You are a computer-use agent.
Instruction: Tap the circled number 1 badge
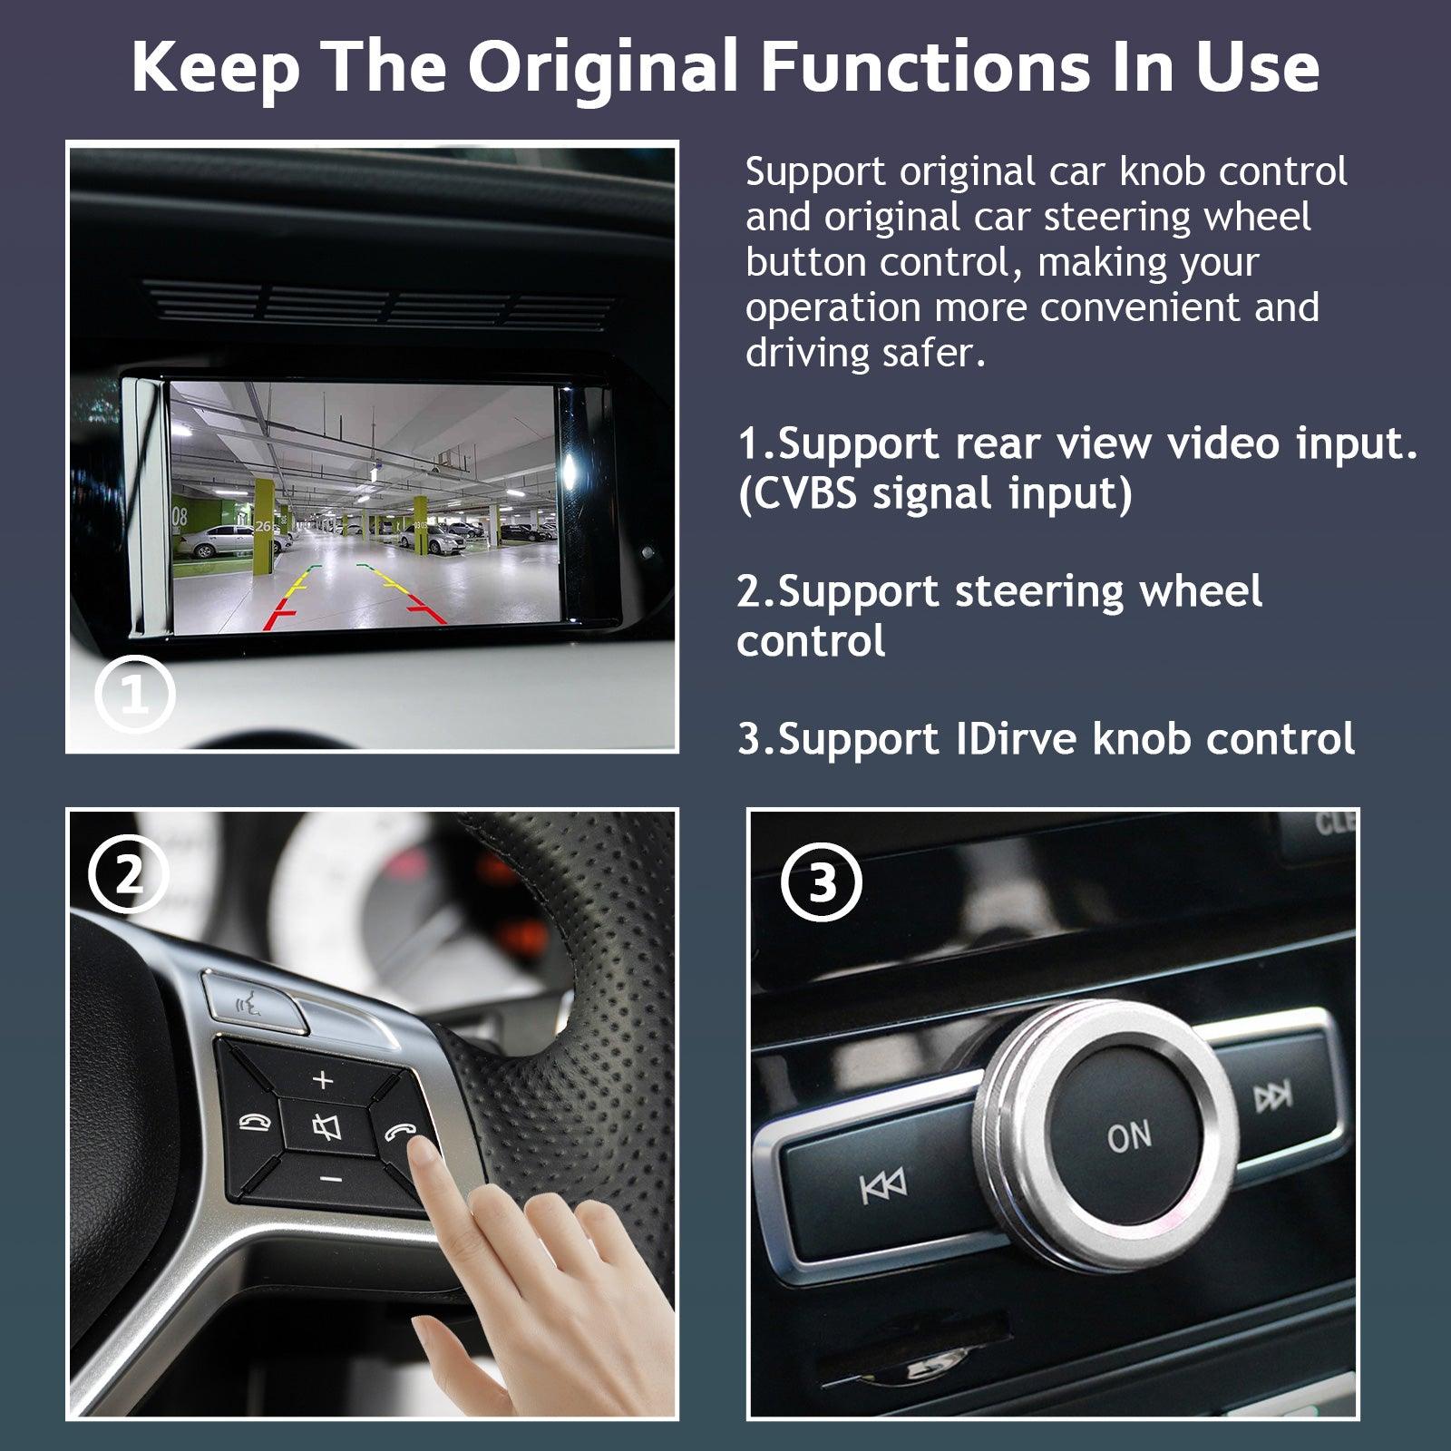[x=135, y=696]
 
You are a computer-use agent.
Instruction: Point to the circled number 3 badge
[x=821, y=882]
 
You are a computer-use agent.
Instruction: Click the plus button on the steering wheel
[x=324, y=1079]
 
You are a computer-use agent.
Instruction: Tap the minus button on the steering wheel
[x=331, y=1179]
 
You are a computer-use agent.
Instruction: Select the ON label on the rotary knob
[x=1129, y=1136]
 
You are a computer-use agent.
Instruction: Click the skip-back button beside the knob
[x=882, y=1185]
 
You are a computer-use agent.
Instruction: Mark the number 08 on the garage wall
[x=179, y=518]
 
